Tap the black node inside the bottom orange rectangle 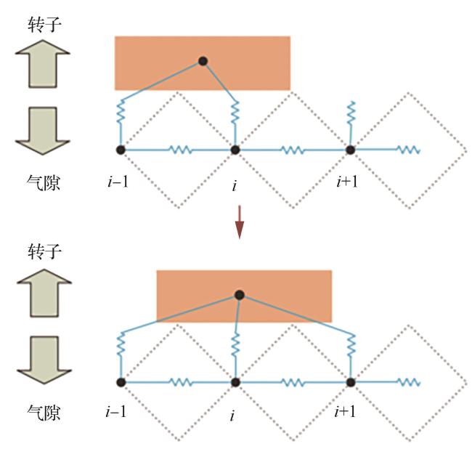pyautogui.click(x=239, y=295)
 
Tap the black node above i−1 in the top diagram pyautogui.click(x=121, y=150)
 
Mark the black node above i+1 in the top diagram pyautogui.click(x=349, y=150)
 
